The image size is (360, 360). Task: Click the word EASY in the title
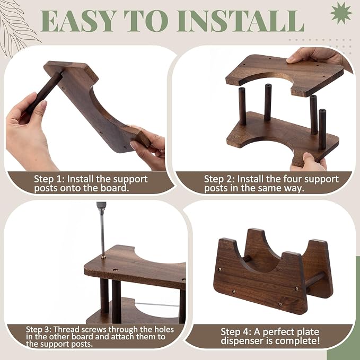pyautogui.click(x=78, y=21)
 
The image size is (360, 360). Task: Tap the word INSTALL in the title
pyautogui.click(x=241, y=21)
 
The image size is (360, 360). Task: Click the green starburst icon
pyautogui.click(x=341, y=13)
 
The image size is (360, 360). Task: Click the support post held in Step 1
pyautogui.click(x=43, y=93)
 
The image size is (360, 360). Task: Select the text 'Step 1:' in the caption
pyautogui.click(x=49, y=179)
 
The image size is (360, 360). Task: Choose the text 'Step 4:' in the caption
pyautogui.click(x=236, y=332)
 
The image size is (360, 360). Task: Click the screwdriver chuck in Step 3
pyautogui.click(x=101, y=206)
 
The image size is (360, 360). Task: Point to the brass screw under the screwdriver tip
pyautogui.click(x=103, y=257)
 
